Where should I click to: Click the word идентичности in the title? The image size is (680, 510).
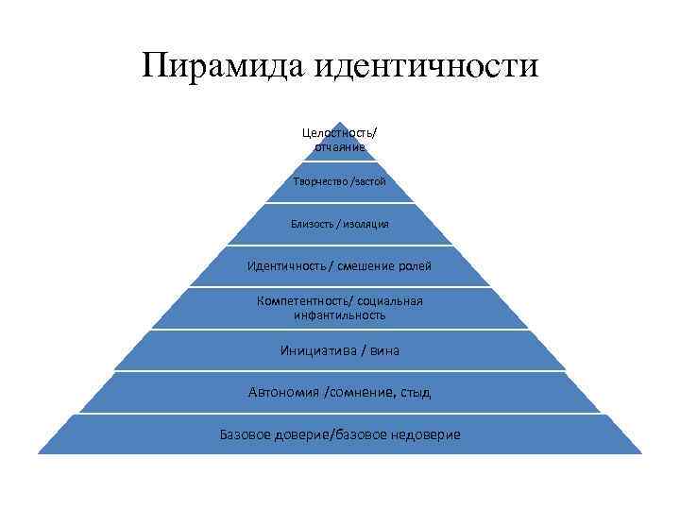point(424,67)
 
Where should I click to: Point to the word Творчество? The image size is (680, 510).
point(321,181)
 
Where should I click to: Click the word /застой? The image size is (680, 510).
point(367,181)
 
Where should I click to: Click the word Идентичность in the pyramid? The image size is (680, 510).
point(287,266)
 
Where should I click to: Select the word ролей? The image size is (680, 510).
point(414,266)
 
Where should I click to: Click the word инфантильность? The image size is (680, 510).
point(339,315)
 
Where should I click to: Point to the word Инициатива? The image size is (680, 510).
point(318,350)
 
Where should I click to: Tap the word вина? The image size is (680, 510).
point(385,350)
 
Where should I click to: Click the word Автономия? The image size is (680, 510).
point(282,392)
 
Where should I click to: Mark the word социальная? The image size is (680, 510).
point(389,301)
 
